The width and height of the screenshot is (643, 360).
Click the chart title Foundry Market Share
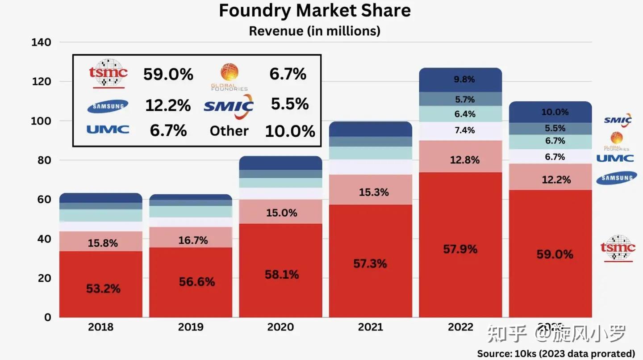click(x=314, y=11)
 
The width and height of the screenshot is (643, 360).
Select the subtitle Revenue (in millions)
click(x=314, y=31)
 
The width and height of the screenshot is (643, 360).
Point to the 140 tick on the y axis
click(x=41, y=42)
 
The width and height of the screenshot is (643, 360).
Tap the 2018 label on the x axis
click(x=100, y=327)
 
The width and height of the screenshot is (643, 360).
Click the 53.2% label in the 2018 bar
click(x=103, y=289)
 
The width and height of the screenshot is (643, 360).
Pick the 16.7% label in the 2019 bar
click(x=193, y=240)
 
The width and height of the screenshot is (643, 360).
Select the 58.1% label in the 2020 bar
click(x=281, y=274)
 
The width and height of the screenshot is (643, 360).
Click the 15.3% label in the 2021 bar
click(x=373, y=192)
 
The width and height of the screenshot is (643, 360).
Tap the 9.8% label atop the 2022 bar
click(x=464, y=80)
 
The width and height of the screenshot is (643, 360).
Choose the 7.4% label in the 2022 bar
click(x=464, y=130)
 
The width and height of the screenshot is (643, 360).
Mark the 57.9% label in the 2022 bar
click(x=460, y=249)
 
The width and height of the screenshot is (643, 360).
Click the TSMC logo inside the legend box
click(x=108, y=73)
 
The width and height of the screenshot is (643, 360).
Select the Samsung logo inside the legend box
click(x=108, y=106)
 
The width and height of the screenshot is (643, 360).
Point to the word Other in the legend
click(x=229, y=131)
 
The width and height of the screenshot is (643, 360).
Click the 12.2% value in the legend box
click(x=168, y=105)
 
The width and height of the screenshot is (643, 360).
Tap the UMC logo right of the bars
click(x=615, y=158)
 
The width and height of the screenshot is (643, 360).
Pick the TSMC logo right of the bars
click(x=617, y=248)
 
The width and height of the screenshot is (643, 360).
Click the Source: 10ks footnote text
click(x=556, y=353)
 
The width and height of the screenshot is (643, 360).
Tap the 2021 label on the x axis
click(x=370, y=327)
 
